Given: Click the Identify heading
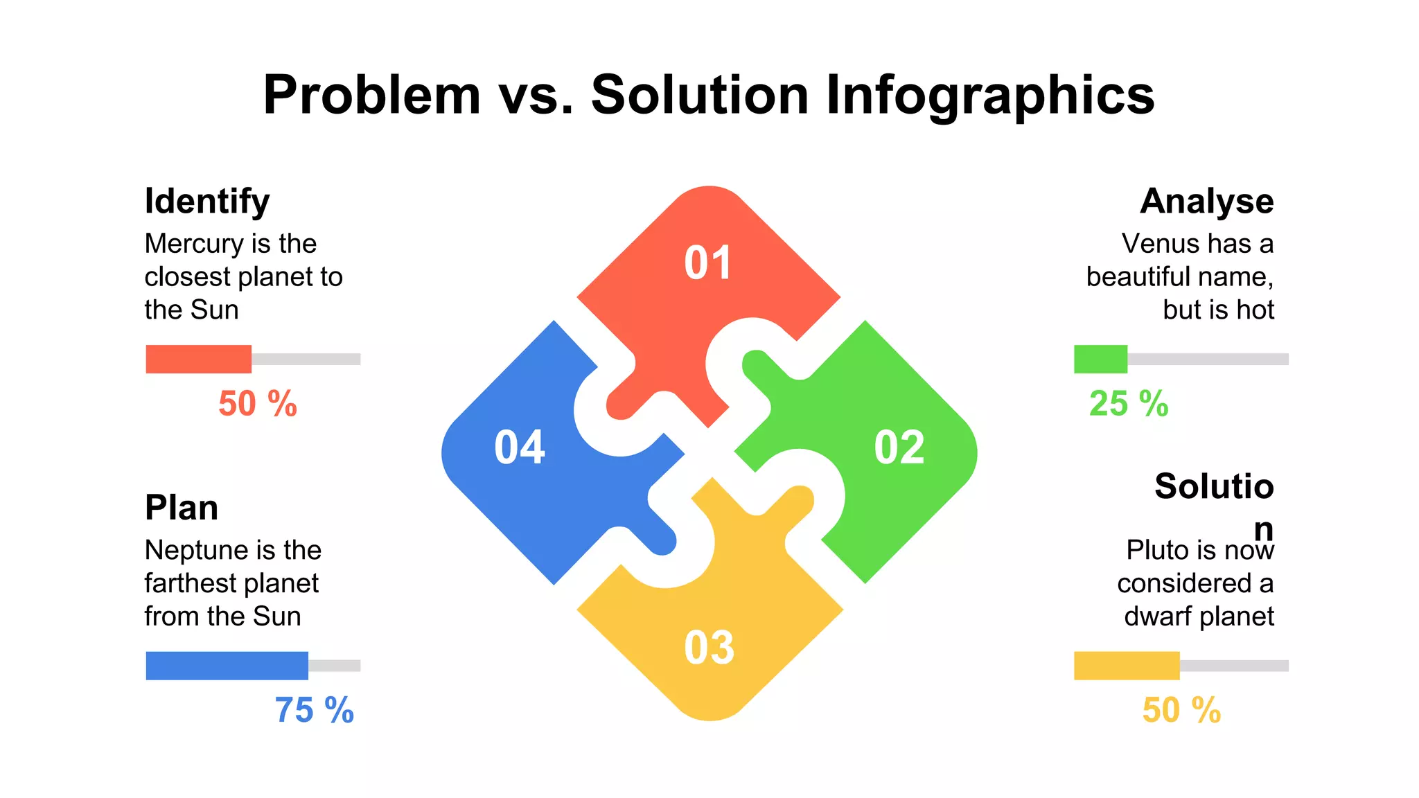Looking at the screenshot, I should click(x=206, y=202).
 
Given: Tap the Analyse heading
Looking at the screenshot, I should click(x=1206, y=202).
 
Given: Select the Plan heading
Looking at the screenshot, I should click(x=182, y=508).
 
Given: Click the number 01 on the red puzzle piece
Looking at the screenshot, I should click(x=707, y=263).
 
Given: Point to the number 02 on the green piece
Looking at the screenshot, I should click(x=899, y=447).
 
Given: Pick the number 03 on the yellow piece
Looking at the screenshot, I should click(x=709, y=648).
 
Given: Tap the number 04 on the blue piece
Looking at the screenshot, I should click(x=520, y=447).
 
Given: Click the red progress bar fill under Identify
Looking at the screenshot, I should click(x=198, y=359).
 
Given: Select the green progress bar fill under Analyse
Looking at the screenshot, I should click(x=1100, y=359).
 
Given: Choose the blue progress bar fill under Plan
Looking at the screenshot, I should click(x=227, y=666).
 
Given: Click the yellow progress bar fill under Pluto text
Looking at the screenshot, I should click(x=1127, y=666).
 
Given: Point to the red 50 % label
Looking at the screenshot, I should click(x=258, y=404).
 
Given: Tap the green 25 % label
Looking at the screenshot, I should click(x=1129, y=404).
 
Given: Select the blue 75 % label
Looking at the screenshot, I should click(x=315, y=711).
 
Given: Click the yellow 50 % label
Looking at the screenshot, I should click(x=1181, y=711).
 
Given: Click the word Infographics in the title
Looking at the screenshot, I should click(x=990, y=95).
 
